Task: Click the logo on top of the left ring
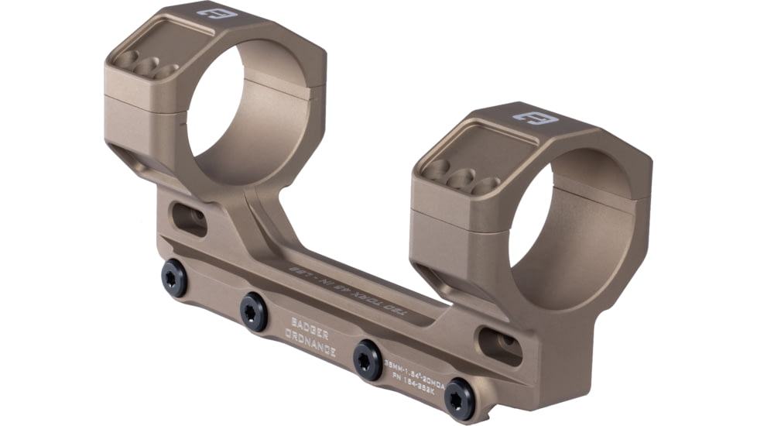coord(211,12)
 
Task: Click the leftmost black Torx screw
coord(174,277)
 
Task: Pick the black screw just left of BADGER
coord(253,311)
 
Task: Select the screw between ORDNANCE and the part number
coord(366,360)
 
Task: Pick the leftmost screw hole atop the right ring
coord(437,171)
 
